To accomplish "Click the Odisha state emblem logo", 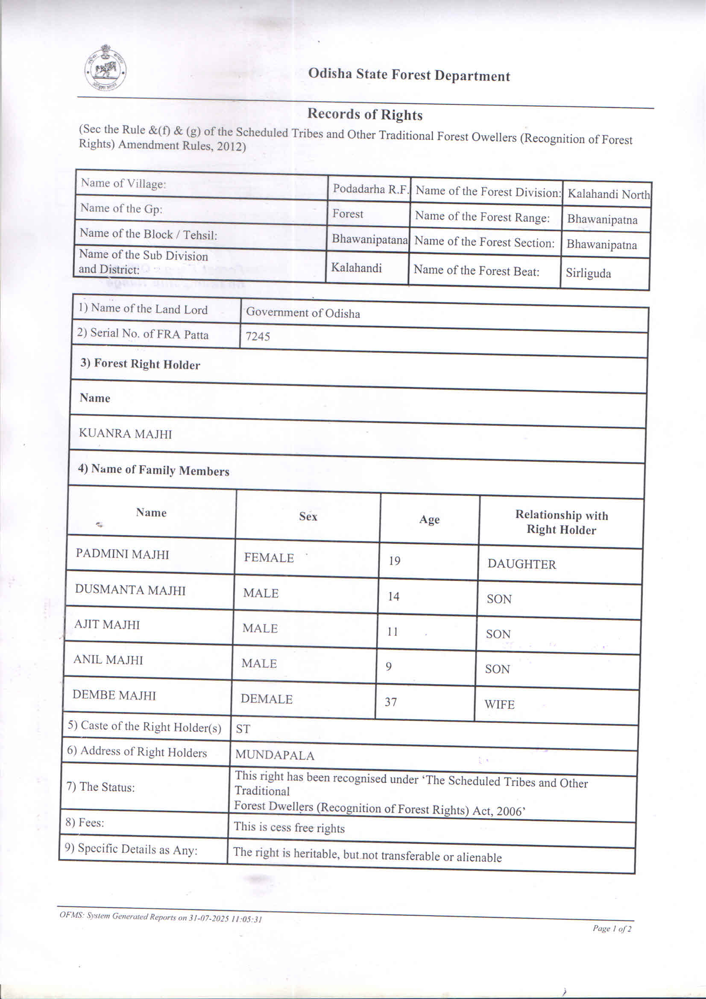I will coord(105,68).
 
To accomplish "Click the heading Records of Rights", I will coord(365,115).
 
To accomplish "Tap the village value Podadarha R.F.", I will coord(369,189).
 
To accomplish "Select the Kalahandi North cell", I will coord(608,194).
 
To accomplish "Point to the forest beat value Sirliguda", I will coord(588,273).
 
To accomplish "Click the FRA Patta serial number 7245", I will coord(258,336).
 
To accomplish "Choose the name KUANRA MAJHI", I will coord(125,434).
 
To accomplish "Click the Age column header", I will coord(429,519).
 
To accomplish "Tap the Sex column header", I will coord(308,516).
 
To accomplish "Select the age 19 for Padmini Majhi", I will coord(394,561).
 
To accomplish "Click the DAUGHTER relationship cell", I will coord(521,564).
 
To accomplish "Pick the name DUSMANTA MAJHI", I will coord(130,590).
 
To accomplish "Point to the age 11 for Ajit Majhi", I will coord(392,631).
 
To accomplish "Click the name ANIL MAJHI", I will coord(108,660).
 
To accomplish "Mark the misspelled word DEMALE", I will coord(267,699).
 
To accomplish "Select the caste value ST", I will coord(243,729).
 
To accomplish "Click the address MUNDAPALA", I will coord(274,755).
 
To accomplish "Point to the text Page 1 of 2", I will coord(612,929).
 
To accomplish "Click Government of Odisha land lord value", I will coord(302,313).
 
